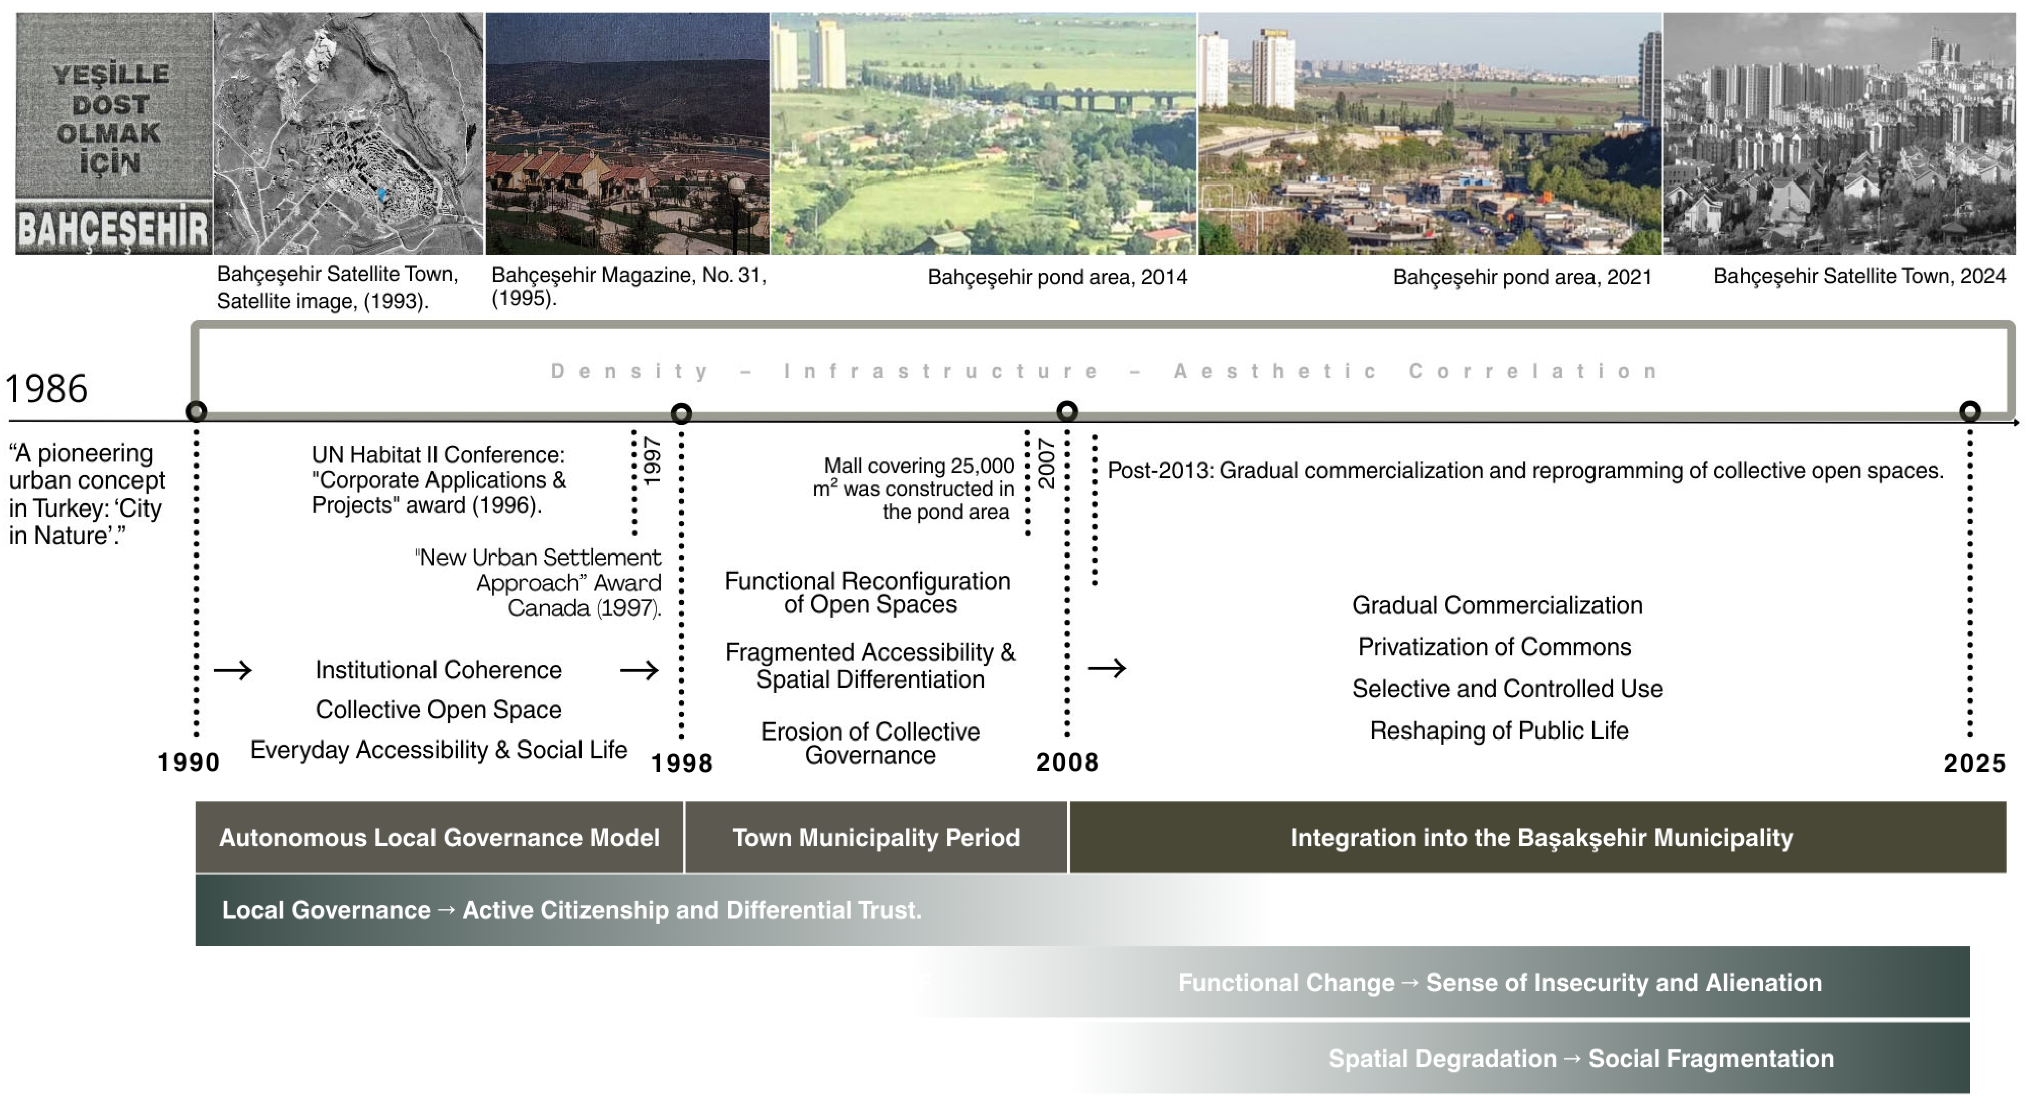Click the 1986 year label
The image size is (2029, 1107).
(46, 388)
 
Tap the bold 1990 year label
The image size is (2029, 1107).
(188, 762)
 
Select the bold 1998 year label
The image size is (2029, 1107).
(681, 763)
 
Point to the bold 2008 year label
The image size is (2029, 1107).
(1067, 762)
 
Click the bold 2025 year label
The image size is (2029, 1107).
(1974, 763)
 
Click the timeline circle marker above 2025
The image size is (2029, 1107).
(1969, 411)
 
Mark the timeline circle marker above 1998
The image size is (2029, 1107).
(681, 413)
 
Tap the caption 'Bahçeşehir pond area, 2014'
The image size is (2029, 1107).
(1057, 277)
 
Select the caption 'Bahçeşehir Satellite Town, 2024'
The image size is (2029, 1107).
(1859, 276)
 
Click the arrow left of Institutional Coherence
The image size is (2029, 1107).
(233, 670)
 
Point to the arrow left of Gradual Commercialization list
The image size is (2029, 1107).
(1107, 668)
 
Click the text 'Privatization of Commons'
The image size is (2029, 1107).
(1494, 646)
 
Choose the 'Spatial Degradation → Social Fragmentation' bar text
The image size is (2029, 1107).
(1581, 1059)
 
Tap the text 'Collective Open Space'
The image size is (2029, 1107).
(439, 709)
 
